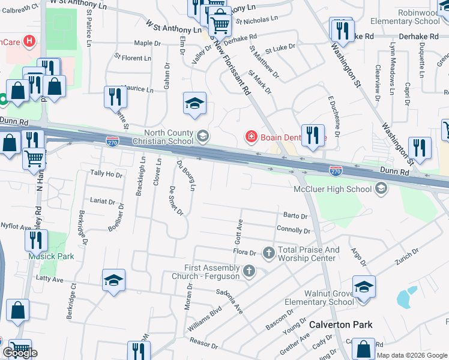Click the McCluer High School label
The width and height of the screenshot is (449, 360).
(x=332, y=190)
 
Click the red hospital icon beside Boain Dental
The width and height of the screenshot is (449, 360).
(x=251, y=137)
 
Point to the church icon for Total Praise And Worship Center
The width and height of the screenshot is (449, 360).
(x=268, y=253)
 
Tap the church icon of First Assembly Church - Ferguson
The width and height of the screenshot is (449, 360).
(x=249, y=272)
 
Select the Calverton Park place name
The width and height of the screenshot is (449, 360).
(x=340, y=325)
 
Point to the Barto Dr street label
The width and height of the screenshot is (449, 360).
(x=295, y=216)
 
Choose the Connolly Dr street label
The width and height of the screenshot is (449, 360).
(x=294, y=230)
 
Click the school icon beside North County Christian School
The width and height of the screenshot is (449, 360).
(x=202, y=137)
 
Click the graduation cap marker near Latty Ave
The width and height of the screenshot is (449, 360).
(x=113, y=281)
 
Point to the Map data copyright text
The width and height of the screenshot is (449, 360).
(x=412, y=355)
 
